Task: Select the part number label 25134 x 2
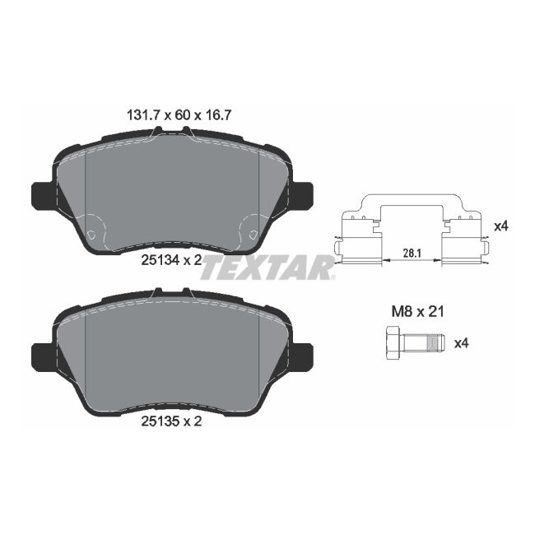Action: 170,261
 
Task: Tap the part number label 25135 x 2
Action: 170,421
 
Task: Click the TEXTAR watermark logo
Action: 267,267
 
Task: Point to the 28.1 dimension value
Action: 412,254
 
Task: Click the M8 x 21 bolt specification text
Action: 416,312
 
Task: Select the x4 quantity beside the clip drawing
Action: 500,226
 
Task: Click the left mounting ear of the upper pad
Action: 40,196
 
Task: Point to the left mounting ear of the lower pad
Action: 40,356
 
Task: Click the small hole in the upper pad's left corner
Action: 91,235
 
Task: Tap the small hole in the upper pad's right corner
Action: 252,235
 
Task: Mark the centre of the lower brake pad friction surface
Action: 172,354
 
